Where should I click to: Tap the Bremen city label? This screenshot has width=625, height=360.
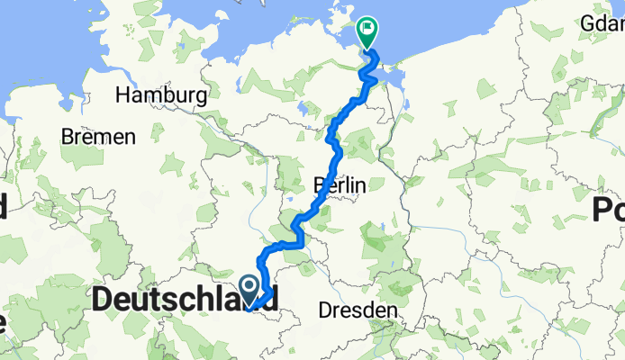(x=98, y=137)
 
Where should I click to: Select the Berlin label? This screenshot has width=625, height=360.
(x=340, y=184)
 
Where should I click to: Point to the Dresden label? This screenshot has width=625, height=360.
(x=358, y=310)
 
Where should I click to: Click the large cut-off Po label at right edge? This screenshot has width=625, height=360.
(x=609, y=210)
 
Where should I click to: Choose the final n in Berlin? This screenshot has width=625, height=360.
(x=360, y=184)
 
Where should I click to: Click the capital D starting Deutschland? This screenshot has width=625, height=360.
(x=103, y=298)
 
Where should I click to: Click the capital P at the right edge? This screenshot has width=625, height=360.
(x=602, y=210)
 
